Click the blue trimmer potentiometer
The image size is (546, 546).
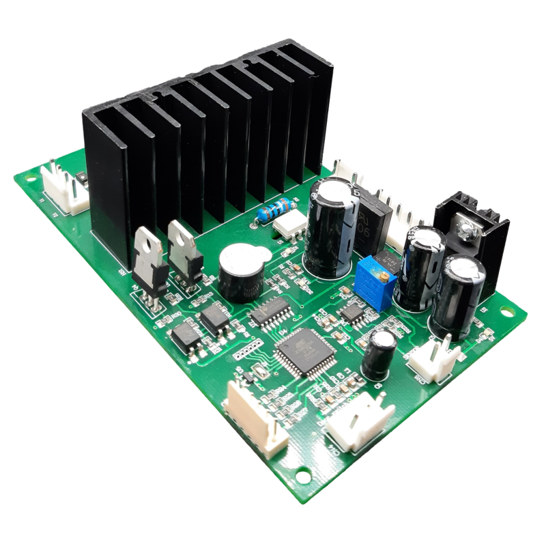pos(374,276)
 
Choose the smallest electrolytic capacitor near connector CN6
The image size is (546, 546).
pos(379,355)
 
